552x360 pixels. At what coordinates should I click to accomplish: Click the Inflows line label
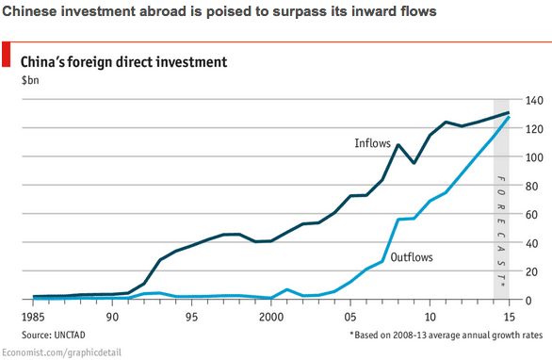[x=372, y=143]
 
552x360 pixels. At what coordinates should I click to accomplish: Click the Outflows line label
[x=412, y=257]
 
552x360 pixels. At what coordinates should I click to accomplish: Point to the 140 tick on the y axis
[x=534, y=101]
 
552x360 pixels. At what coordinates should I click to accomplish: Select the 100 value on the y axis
[x=534, y=157]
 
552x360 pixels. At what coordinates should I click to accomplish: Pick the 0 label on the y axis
[x=528, y=301]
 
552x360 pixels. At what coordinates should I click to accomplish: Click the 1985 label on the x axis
[x=33, y=317]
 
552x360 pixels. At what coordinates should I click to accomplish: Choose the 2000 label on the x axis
[x=271, y=317]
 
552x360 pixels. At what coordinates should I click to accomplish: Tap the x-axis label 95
[x=191, y=317]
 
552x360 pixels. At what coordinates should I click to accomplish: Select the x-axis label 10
[x=430, y=317]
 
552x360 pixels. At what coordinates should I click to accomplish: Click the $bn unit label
[x=30, y=80]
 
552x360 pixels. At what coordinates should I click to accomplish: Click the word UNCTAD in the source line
[x=70, y=335]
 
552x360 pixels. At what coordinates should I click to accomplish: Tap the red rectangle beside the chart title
[x=6, y=54]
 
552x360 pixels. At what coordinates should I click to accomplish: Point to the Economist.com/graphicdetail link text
[x=61, y=352]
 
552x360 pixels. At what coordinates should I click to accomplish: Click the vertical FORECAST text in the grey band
[x=501, y=231]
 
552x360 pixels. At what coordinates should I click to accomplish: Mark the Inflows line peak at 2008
[x=398, y=145]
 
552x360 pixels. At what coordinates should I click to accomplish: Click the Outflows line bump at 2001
[x=287, y=290]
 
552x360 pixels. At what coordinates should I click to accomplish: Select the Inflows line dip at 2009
[x=414, y=163]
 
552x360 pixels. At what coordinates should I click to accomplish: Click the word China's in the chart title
[x=42, y=62]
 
